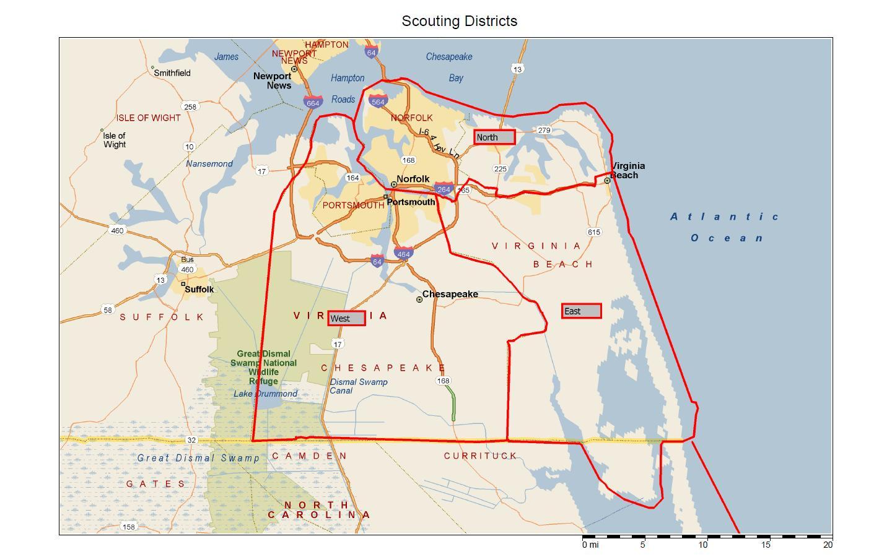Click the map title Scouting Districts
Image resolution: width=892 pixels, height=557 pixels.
coord(459,21)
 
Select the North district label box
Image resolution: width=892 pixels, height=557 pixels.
coord(494,137)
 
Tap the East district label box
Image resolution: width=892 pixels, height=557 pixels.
coord(581,311)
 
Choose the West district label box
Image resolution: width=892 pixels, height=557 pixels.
coord(346,318)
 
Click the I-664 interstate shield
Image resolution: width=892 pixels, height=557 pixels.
coord(313,102)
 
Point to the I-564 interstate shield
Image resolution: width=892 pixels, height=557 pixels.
coord(378,101)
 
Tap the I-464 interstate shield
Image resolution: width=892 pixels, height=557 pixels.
coord(403,253)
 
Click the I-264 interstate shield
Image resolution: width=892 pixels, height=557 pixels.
coord(444,189)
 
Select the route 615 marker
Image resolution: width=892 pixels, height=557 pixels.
coord(593,232)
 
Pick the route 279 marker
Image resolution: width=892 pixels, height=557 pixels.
coord(544,130)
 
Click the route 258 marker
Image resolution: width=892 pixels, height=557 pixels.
coord(190,106)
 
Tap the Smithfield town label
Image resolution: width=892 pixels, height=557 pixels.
coord(172,72)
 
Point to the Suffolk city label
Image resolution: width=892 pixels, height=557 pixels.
coord(199,289)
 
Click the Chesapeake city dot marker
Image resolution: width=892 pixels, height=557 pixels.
coord(419,300)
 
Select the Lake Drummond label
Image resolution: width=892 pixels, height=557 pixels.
coord(265,394)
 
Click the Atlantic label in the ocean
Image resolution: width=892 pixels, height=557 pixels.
coord(725,217)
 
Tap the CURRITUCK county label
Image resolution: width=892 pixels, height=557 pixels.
coord(480,456)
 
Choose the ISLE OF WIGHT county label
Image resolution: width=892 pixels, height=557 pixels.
coord(149,118)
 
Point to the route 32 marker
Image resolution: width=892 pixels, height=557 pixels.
coord(191,440)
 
